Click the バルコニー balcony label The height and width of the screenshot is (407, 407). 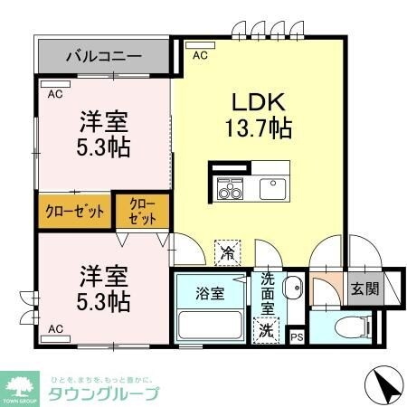(103, 56)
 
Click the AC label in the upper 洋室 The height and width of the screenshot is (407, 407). (53, 93)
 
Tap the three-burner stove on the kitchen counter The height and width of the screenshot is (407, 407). (229, 190)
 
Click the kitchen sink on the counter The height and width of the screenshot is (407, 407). (272, 189)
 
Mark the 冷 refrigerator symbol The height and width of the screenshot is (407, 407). (231, 250)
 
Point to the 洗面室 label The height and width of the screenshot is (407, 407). (268, 293)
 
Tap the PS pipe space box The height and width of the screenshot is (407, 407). (296, 336)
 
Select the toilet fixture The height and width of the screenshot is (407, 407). (348, 327)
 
